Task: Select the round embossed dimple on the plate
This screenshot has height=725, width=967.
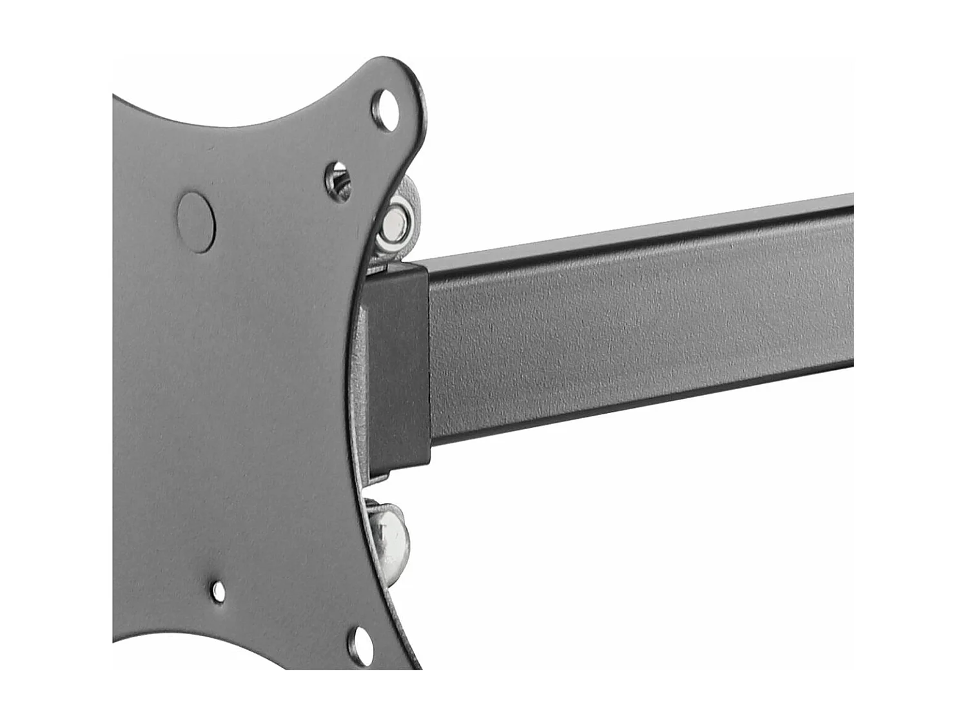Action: tap(196, 221)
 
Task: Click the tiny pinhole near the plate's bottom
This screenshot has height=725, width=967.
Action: tap(219, 591)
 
